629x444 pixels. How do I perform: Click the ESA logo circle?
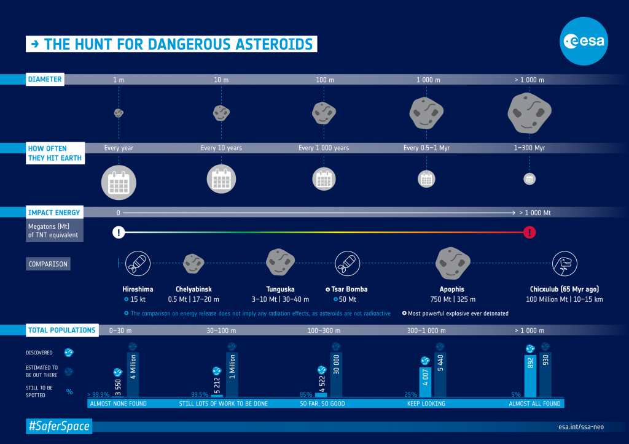pyautogui.click(x=584, y=42)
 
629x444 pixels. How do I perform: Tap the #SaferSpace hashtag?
pyautogui.click(x=58, y=426)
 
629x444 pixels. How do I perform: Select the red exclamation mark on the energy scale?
pyautogui.click(x=529, y=232)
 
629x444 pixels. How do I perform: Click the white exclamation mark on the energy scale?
pyautogui.click(x=119, y=232)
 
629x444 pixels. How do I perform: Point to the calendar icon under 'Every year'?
pyautogui.click(x=119, y=182)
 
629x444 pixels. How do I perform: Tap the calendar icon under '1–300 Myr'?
pyautogui.click(x=529, y=179)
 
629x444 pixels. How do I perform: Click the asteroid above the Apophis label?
pyautogui.click(x=452, y=262)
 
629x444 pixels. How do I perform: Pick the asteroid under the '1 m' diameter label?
pyautogui.click(x=119, y=113)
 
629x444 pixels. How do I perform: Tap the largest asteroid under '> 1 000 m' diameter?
pyautogui.click(x=529, y=112)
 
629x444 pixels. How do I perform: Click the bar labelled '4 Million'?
pyautogui.click(x=133, y=375)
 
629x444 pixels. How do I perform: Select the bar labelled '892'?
pyautogui.click(x=530, y=375)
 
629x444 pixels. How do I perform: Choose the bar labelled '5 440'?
pyautogui.click(x=440, y=375)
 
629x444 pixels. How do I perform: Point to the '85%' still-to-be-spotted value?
pyautogui.click(x=305, y=394)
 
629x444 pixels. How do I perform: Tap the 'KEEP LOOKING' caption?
pyautogui.click(x=426, y=404)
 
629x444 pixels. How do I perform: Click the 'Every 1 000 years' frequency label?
pyautogui.click(x=324, y=148)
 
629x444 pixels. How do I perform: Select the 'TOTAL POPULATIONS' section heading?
pyautogui.click(x=61, y=330)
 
